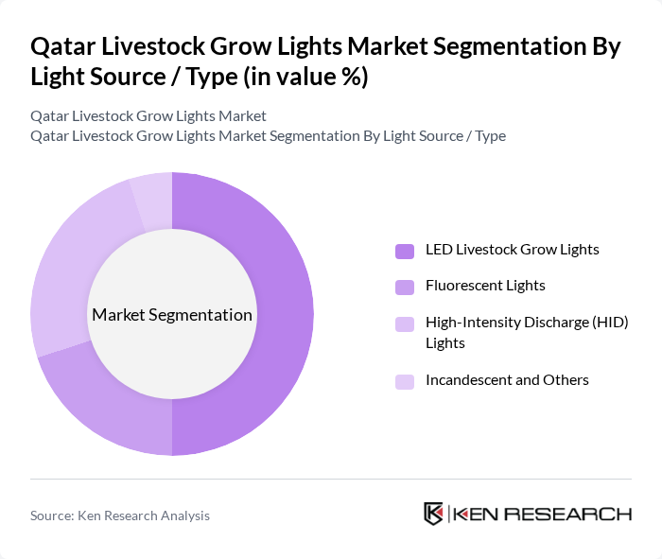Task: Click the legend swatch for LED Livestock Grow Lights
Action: coord(405,251)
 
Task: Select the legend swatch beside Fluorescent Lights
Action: coord(405,286)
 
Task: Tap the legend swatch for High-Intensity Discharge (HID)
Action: coord(405,323)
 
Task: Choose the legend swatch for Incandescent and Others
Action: coord(405,380)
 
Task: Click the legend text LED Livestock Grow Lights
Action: coord(513,250)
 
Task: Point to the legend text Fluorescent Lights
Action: coord(485,285)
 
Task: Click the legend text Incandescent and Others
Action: coord(507,379)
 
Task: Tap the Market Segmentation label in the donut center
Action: coord(172,314)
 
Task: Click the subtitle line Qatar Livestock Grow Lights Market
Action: coord(148,115)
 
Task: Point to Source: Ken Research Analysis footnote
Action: coord(120,515)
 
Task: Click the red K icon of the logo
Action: coord(434,514)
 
